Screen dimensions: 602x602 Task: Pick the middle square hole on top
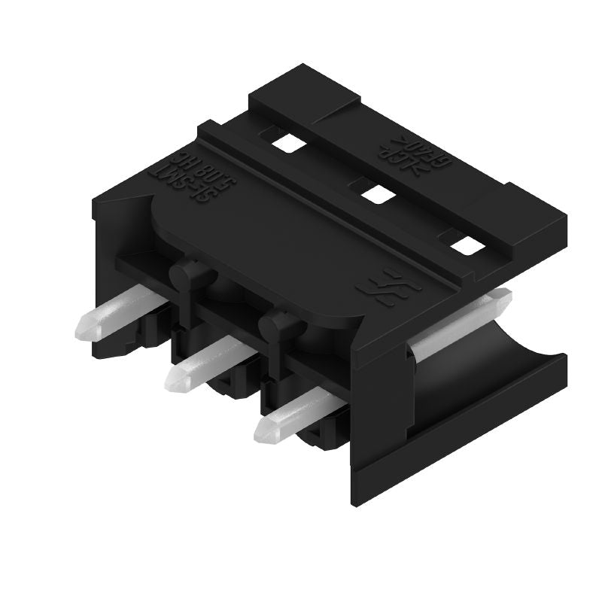click(x=375, y=195)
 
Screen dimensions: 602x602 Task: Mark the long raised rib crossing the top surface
click(x=331, y=203)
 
